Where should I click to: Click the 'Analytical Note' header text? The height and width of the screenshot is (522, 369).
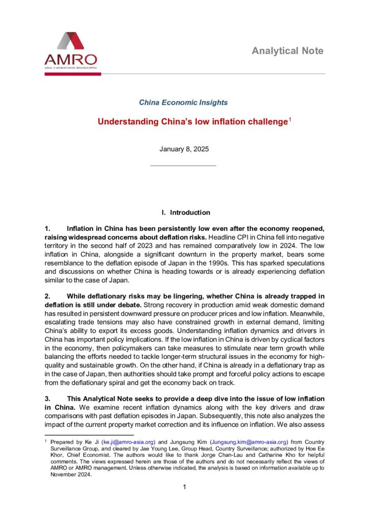click(x=287, y=50)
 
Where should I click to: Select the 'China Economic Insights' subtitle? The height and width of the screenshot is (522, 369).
click(x=183, y=102)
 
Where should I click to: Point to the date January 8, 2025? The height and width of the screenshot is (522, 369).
click(x=183, y=149)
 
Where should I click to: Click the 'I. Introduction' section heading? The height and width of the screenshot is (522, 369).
click(x=184, y=212)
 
